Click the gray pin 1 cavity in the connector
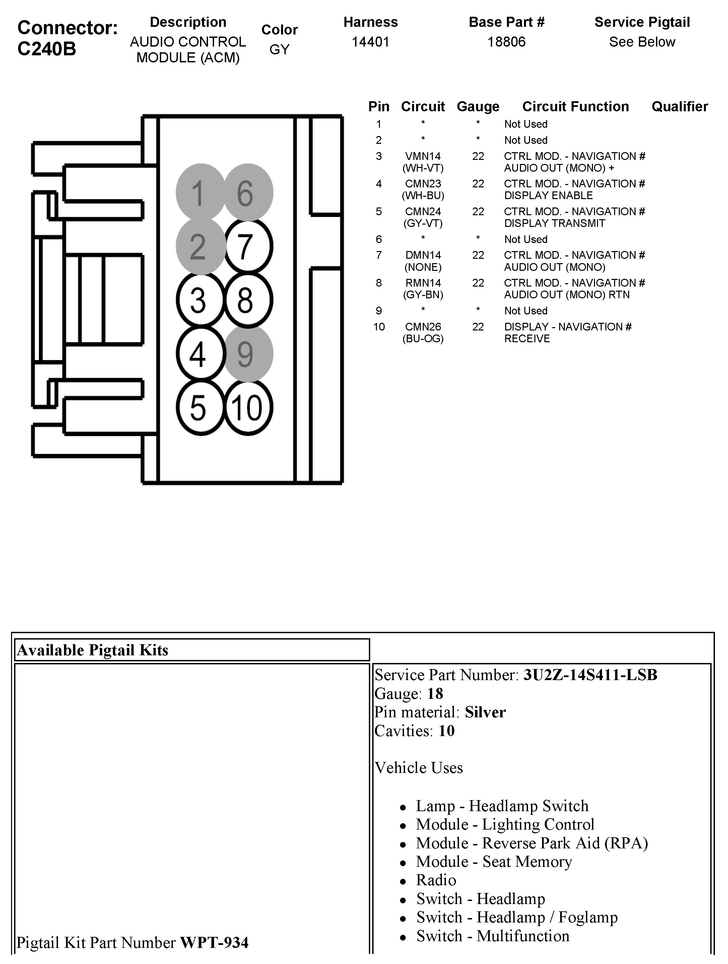pyautogui.click(x=200, y=192)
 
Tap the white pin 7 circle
pyautogui.click(x=248, y=246)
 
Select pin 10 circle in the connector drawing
pyautogui.click(x=248, y=408)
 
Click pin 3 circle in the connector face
pyautogui.click(x=200, y=300)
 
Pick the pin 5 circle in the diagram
pyautogui.click(x=200, y=408)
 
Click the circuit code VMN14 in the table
pyautogui.click(x=422, y=156)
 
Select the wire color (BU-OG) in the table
pyautogui.click(x=422, y=339)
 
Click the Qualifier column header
pyautogui.click(x=680, y=106)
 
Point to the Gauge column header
pyautogui.click(x=478, y=106)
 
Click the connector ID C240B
pyautogui.click(x=47, y=49)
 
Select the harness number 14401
pyautogui.click(x=370, y=42)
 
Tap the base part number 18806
pyautogui.click(x=506, y=42)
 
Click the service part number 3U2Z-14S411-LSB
pyautogui.click(x=590, y=675)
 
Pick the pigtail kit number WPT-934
pyautogui.click(x=214, y=943)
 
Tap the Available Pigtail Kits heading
pyautogui.click(x=92, y=650)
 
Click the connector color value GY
pyautogui.click(x=279, y=50)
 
